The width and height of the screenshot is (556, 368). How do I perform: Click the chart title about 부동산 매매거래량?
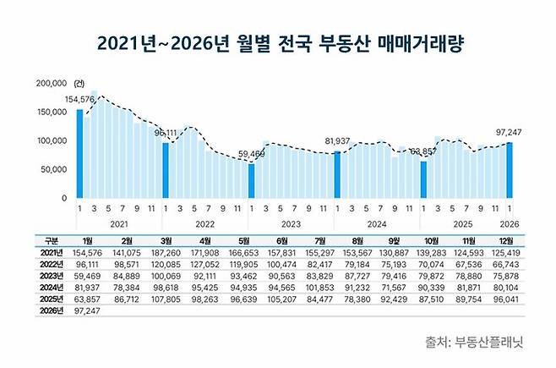pyautogui.click(x=278, y=41)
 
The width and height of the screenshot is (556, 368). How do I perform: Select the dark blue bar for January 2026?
pyautogui.click(x=510, y=170)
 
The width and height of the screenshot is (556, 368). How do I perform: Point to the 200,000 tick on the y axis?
pyautogui.click(x=50, y=84)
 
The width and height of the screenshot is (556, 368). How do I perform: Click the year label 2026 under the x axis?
pyautogui.click(x=509, y=223)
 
